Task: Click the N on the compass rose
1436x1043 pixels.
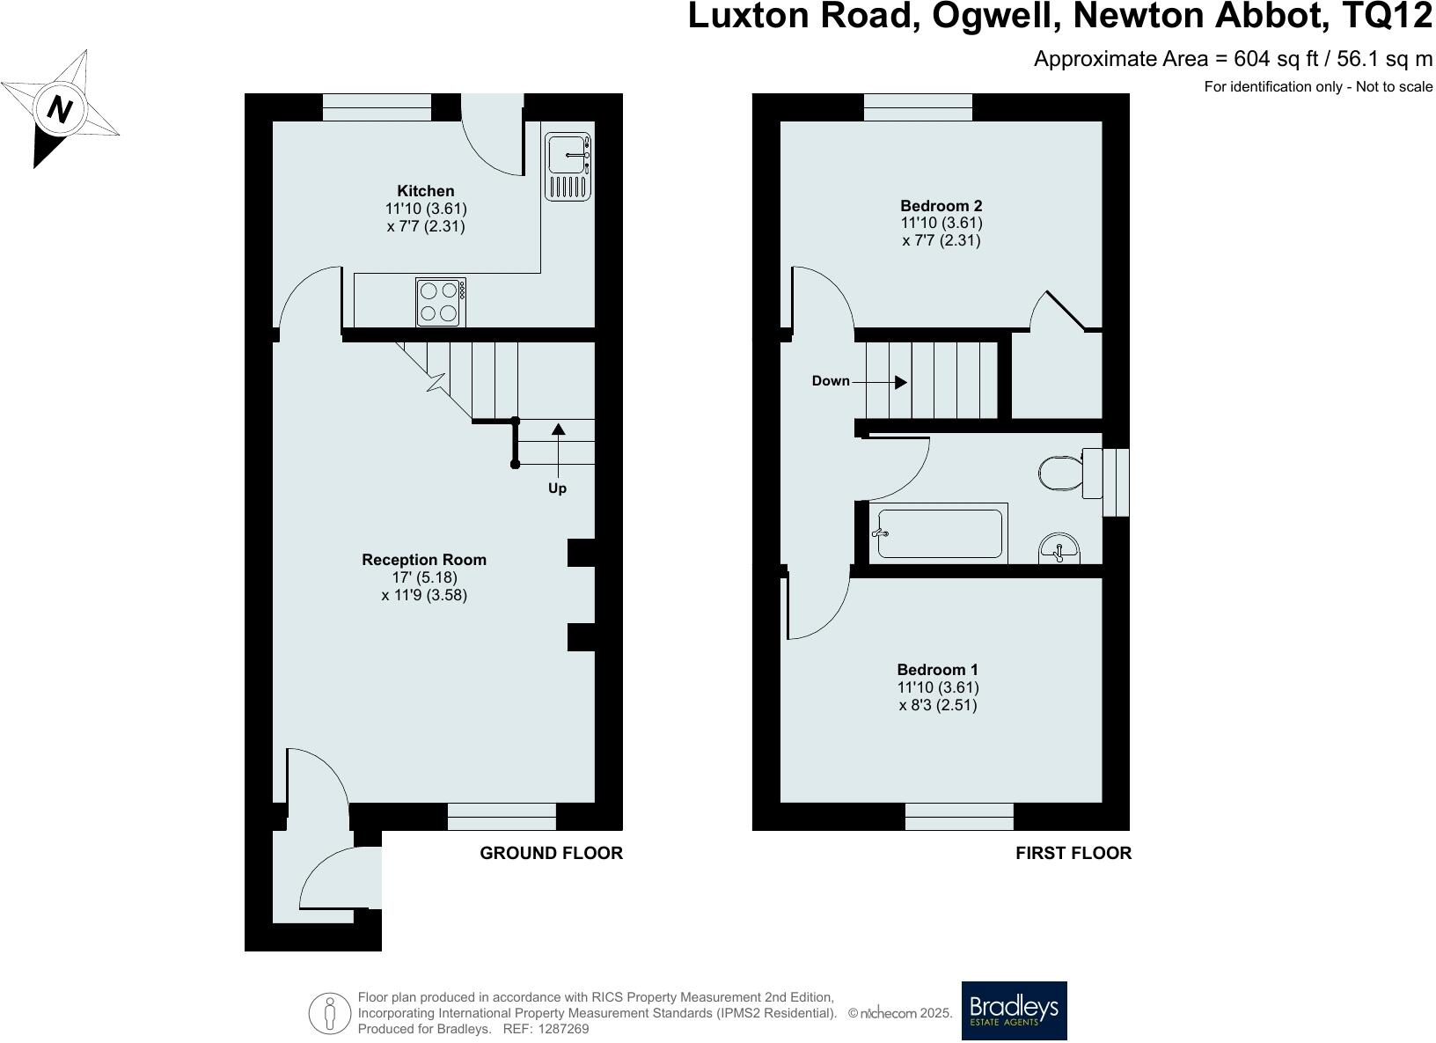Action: (60, 110)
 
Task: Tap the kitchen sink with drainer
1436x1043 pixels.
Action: (568, 166)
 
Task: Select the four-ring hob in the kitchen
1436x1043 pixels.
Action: (440, 302)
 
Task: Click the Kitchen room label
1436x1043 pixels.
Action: (426, 191)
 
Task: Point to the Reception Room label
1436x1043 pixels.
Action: (424, 560)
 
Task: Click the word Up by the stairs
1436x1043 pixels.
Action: (557, 488)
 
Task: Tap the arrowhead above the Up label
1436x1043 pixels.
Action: (558, 430)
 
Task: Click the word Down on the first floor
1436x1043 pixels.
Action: (831, 381)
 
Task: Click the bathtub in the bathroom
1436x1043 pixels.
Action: (939, 533)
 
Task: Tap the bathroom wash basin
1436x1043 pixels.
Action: (1060, 548)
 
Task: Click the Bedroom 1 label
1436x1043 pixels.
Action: (937, 670)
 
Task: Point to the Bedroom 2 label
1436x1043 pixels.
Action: (941, 206)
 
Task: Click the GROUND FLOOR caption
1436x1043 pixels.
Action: (551, 853)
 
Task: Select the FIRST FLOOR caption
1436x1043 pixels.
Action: (1073, 853)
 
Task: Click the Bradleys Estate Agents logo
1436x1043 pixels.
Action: (1014, 1010)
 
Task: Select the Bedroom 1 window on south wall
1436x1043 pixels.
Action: (959, 816)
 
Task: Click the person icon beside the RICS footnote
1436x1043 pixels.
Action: (330, 1013)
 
